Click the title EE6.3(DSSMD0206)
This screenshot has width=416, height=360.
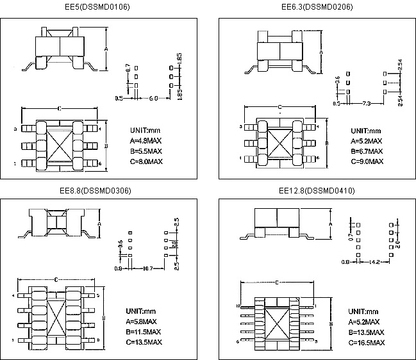tap(317, 7)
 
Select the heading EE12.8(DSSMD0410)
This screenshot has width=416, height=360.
tap(317, 190)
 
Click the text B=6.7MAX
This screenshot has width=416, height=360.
tap(366, 151)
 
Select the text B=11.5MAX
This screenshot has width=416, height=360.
tap(147, 332)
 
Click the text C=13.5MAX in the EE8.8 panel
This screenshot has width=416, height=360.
tap(147, 343)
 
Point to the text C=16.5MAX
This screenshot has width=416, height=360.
tap(367, 343)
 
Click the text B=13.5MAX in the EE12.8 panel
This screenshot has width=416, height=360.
tap(367, 332)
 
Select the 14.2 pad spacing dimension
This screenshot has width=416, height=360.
tap(371, 262)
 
